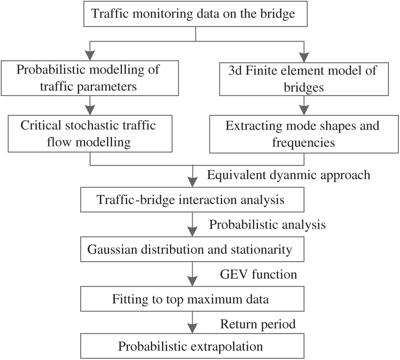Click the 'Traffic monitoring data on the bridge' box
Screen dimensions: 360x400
click(193, 14)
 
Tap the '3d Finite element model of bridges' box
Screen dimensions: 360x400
click(304, 78)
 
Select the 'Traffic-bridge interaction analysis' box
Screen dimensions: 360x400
click(192, 200)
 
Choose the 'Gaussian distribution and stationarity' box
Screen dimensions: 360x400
click(192, 250)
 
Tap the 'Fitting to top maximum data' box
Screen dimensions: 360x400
click(192, 299)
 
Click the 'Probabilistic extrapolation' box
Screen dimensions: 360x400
click(192, 346)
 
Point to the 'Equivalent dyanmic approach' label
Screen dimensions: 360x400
click(289, 175)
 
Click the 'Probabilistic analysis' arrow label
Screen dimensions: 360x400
click(267, 225)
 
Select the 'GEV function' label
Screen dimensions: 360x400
click(258, 274)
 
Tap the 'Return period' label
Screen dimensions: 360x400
click(258, 324)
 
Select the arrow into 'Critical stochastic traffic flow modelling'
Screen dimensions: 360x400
click(91, 106)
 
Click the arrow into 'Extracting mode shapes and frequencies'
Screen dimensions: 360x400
click(304, 106)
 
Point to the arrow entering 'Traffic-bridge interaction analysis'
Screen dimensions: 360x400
click(193, 177)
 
